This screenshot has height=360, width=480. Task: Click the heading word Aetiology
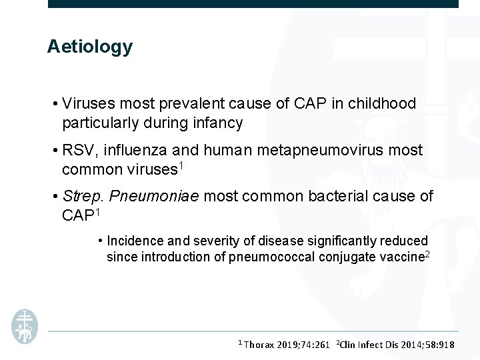(89, 47)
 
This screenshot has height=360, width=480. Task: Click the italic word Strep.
(82, 197)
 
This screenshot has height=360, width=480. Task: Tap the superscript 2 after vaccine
(427, 253)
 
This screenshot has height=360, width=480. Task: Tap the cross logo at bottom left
(25, 326)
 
